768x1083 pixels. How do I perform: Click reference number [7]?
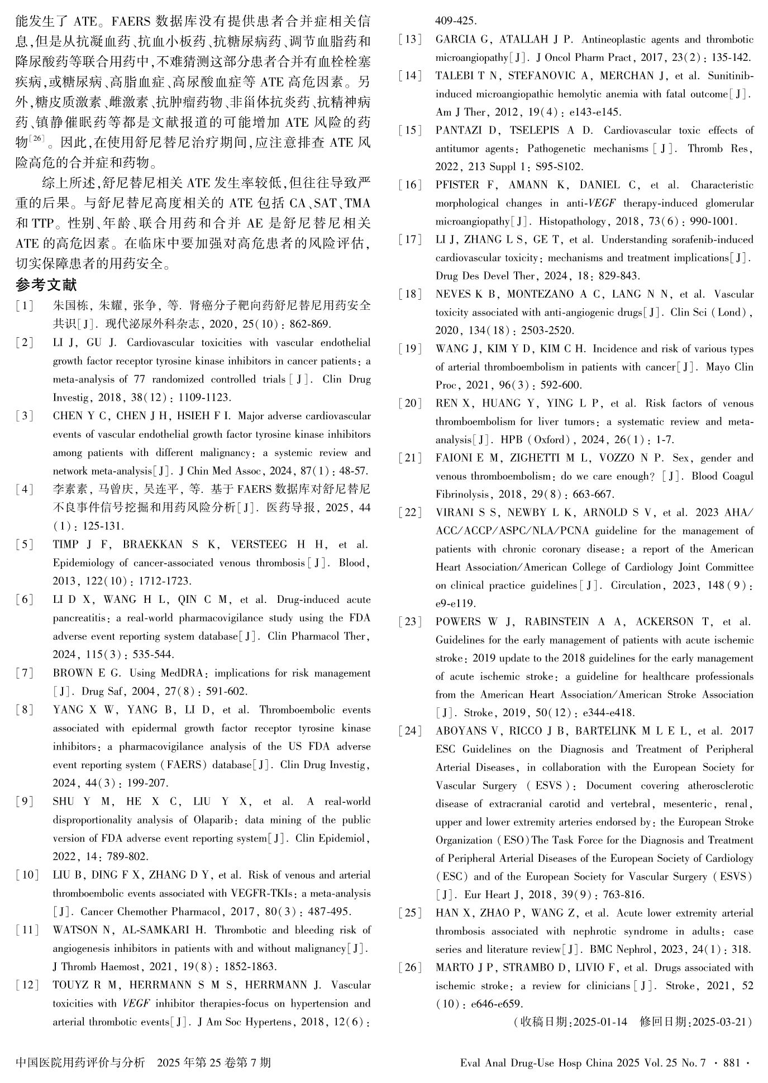pos(25,673)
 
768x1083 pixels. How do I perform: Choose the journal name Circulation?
pos(636,586)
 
